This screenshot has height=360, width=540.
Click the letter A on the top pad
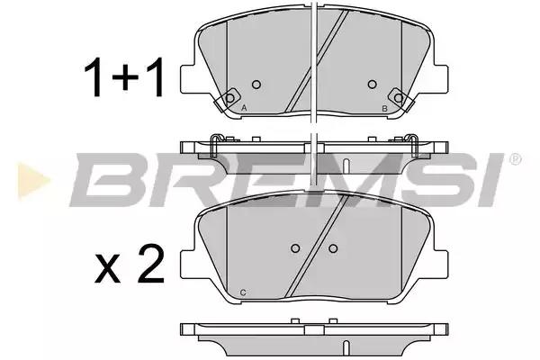click(244, 108)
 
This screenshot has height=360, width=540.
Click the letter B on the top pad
click(384, 109)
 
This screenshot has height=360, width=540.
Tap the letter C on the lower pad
click(243, 292)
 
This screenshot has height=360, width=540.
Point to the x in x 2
click(107, 269)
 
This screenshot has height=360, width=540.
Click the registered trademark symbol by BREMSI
click(515, 159)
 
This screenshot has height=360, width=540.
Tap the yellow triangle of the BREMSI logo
click(34, 181)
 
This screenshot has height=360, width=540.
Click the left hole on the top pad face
click(256, 85)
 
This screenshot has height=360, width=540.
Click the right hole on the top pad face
click(372, 85)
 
